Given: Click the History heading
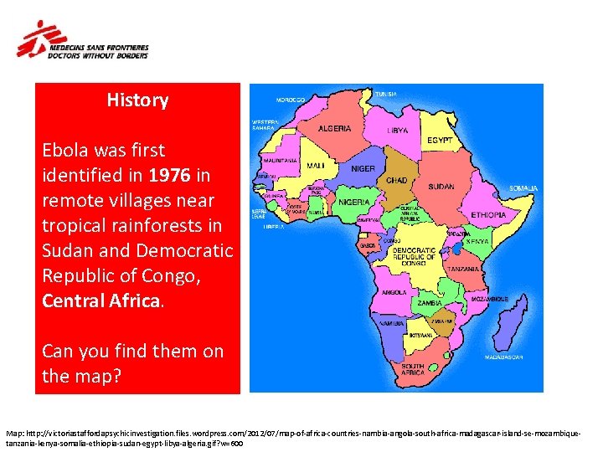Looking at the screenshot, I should (137, 100).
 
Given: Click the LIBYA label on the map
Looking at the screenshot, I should (398, 131).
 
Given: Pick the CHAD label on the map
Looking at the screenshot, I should (396, 179).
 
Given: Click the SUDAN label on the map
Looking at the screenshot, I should (441, 186).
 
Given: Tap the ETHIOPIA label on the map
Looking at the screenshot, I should (490, 214).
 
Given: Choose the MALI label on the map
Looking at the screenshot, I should (316, 165).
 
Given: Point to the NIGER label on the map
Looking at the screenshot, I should (363, 168).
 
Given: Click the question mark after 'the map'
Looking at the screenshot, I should (118, 377).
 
